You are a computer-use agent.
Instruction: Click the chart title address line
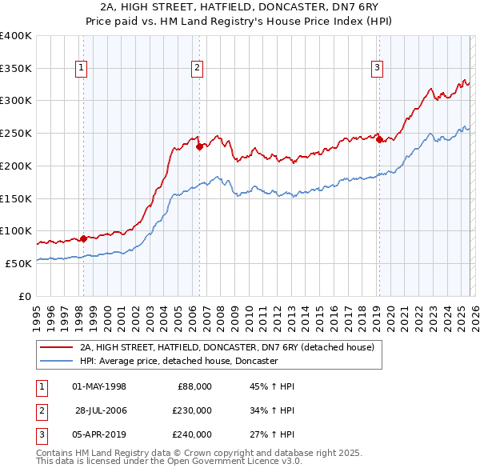click(x=239, y=7)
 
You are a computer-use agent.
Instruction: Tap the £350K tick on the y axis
click(x=16, y=69)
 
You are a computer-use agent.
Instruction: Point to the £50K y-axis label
click(x=18, y=263)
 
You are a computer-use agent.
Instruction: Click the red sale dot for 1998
click(x=83, y=238)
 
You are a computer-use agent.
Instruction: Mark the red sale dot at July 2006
click(x=199, y=146)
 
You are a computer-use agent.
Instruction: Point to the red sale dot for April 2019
click(x=379, y=140)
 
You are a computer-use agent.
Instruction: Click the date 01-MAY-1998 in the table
click(x=99, y=386)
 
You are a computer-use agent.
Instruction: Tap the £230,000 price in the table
click(x=191, y=410)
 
